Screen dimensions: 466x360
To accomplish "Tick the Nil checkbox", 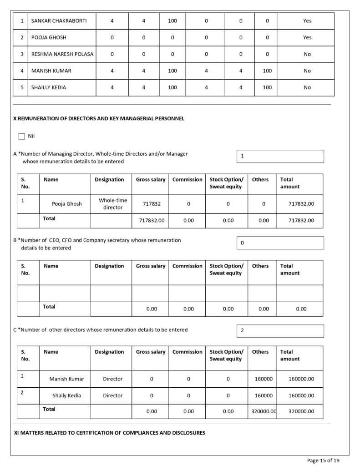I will click(22, 136).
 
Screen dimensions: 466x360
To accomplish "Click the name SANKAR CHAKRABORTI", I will click(59, 21).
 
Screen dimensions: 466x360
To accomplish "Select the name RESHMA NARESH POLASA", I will click(62, 54).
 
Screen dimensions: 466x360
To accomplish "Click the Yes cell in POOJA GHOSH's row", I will click(307, 37).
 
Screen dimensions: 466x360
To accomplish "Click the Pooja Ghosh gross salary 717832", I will click(152, 204).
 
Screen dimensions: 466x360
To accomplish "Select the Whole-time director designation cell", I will click(113, 204).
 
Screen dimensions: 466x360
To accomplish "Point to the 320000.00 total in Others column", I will click(264, 411).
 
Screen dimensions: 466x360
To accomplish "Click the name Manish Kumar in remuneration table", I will click(66, 379).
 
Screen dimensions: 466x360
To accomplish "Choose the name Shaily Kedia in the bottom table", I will click(66, 395).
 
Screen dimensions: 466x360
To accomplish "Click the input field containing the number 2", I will click(280, 331).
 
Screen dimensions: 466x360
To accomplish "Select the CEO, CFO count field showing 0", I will click(280, 243).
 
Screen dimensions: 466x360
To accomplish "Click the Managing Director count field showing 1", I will click(280, 156).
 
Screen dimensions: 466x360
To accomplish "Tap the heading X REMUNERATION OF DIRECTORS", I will click(99, 118).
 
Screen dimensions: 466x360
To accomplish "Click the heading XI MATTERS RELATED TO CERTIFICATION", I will click(110, 432).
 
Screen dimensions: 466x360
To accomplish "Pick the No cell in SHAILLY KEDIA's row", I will click(307, 87).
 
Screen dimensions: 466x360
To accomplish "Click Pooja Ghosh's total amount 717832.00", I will click(301, 204).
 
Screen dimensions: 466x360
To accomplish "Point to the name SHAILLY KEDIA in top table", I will click(48, 87).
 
